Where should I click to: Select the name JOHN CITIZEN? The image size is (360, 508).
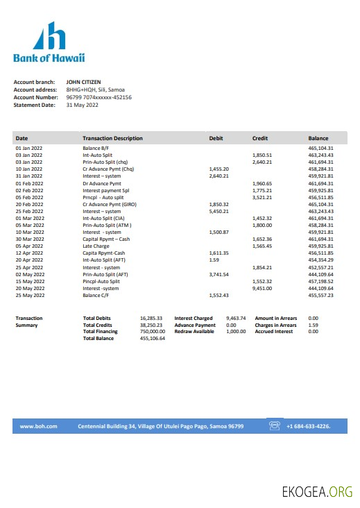83,82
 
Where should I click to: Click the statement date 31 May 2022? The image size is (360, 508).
83,105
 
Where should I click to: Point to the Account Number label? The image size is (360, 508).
35,97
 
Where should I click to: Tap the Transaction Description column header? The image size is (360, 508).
112,138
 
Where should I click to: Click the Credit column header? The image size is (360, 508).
260,138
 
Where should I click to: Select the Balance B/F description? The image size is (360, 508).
96,148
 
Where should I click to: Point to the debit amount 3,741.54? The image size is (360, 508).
218,274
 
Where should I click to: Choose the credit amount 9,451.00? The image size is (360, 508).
262,288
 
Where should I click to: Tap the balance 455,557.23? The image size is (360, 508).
321,295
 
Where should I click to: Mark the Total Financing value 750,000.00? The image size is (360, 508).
151,331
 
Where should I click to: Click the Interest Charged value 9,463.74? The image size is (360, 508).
236,318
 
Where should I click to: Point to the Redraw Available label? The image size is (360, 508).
194,331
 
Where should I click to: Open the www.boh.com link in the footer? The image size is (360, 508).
38,426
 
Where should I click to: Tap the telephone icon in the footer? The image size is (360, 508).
275,425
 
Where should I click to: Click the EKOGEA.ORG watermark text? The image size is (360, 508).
317,492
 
